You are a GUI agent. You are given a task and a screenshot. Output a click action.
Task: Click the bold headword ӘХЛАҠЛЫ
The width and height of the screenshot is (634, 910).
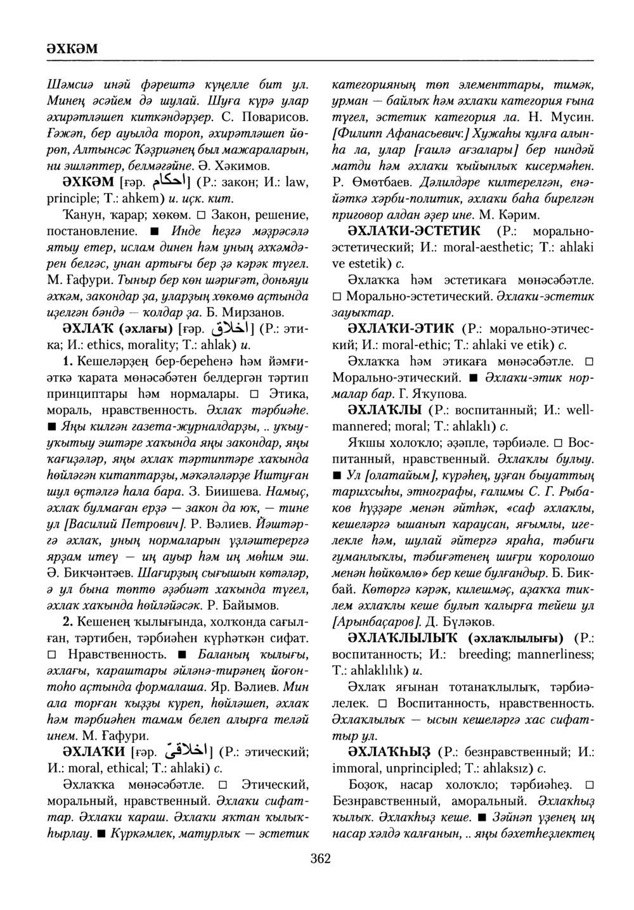tap(385, 410)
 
